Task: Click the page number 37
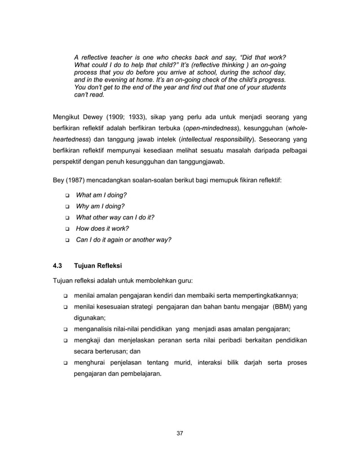pos(179,433)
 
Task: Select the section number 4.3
pos(58,265)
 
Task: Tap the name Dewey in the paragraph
pos(95,117)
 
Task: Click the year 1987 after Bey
pos(75,181)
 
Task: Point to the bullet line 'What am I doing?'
pos(101,195)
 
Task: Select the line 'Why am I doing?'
pos(100,206)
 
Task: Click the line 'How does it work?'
pos(103,228)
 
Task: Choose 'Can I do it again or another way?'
pos(124,239)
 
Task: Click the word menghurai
pos(92,362)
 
